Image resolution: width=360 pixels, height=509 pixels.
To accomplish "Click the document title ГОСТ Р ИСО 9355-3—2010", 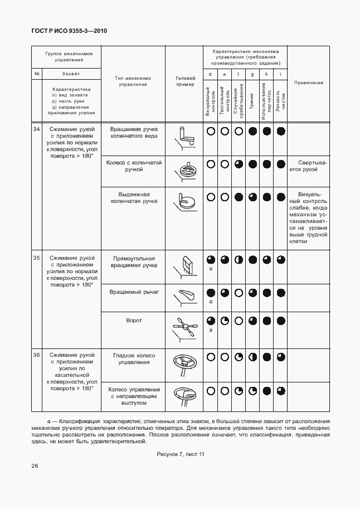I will point(69,31).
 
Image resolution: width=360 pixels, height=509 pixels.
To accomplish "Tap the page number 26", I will point(35,466).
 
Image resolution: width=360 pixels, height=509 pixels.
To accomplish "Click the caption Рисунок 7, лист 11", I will point(180,454).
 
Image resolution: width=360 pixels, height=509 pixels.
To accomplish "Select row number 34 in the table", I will point(36,129).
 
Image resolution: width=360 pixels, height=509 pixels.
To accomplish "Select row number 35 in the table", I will point(36,258).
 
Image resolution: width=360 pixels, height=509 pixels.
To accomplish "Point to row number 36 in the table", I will point(36,355).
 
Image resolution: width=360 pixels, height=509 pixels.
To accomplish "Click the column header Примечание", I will point(308,83).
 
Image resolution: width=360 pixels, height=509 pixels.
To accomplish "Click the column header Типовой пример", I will point(185,81).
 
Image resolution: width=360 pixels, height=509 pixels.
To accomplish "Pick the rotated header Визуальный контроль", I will point(210,101).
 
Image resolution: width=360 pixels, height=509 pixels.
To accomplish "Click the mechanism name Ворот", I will point(134,321).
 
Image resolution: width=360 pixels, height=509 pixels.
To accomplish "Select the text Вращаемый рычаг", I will point(134,292).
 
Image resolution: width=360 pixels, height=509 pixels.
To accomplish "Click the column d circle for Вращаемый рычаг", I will point(211,292).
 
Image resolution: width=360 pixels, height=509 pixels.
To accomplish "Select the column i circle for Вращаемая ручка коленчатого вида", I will point(281,132).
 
